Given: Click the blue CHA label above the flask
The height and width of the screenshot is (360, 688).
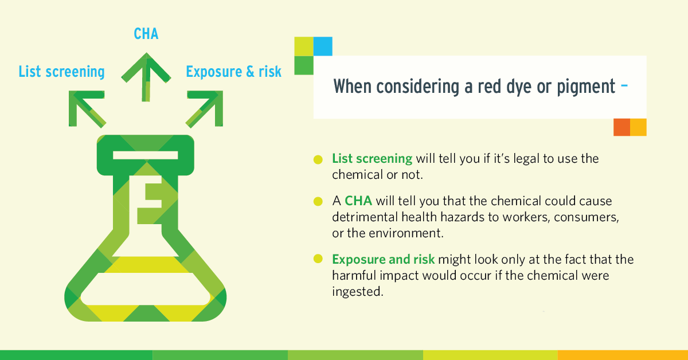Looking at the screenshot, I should point(146,34).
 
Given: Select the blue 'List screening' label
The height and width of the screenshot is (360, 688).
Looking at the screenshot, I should point(61,72).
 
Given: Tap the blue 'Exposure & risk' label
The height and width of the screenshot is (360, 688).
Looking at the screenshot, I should point(233,72).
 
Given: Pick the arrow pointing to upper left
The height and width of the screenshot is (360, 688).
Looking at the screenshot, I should point(85,108).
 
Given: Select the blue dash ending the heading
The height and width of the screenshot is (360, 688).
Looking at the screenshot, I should point(624,87).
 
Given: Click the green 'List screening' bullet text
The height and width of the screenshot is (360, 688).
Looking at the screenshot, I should point(372,158).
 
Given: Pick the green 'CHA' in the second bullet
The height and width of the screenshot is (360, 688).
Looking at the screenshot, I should point(355,201).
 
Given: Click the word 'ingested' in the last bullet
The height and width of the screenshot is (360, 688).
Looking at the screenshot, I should point(355,291).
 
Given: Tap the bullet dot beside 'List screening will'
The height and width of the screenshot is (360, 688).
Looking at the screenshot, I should point(318,159).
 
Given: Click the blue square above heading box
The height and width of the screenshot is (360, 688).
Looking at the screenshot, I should point(323,46).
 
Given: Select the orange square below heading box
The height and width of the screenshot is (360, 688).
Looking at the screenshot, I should point(621,127).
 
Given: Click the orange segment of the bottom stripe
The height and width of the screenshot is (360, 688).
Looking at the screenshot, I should point(623,355).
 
